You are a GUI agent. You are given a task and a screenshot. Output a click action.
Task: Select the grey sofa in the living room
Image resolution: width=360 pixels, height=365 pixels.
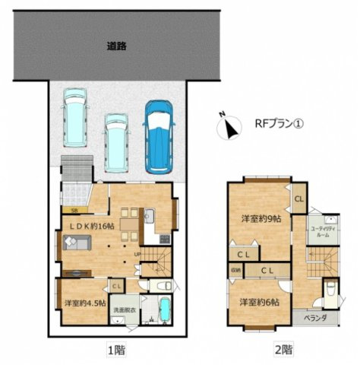(76, 243)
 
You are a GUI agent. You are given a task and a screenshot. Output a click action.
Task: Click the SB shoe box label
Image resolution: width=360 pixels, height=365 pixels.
(74, 211)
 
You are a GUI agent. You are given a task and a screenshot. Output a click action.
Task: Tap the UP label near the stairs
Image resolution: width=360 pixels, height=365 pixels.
(137, 254)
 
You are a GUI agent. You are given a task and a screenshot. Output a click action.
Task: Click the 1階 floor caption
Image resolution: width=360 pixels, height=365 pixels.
(115, 351)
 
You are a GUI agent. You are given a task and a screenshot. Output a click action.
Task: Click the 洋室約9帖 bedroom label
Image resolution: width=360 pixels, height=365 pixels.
(257, 219)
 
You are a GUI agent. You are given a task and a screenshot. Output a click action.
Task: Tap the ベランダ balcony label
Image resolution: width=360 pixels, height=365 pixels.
(314, 318)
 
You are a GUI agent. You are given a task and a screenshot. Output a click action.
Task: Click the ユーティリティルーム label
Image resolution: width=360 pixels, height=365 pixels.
(318, 232)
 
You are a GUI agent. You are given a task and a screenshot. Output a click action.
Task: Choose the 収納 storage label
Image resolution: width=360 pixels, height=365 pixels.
(236, 271)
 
